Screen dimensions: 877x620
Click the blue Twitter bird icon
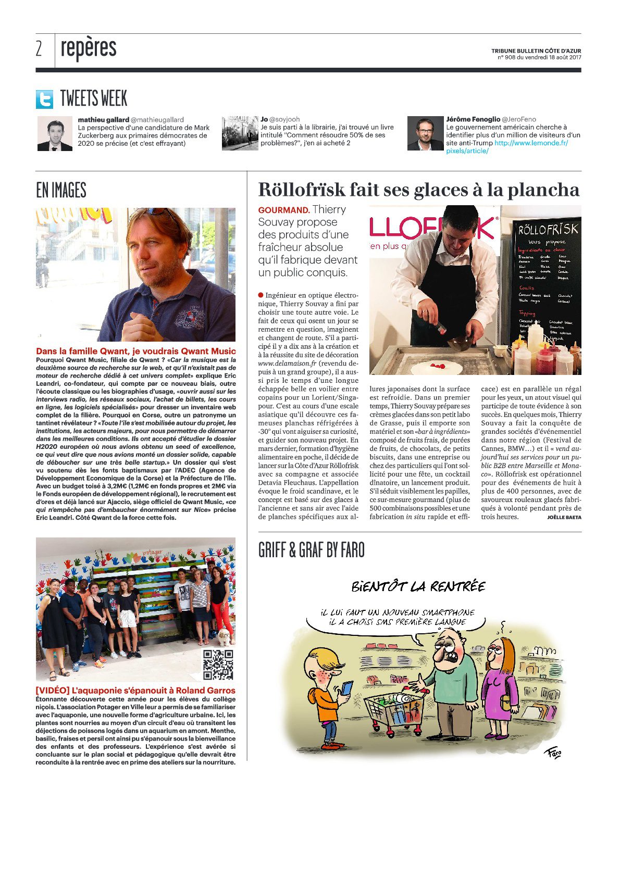44,99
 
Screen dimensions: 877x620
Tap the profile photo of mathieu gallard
55,134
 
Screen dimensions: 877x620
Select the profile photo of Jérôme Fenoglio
425,134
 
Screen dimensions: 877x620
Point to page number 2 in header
39,48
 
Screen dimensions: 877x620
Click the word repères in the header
89,48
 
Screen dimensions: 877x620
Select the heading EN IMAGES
61,191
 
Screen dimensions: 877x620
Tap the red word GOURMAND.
283,210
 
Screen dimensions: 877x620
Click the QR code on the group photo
218,665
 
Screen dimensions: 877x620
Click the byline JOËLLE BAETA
564,517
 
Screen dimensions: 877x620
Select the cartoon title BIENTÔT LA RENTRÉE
418,587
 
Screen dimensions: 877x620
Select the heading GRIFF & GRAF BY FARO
311,550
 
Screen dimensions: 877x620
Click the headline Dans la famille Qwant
135,352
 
